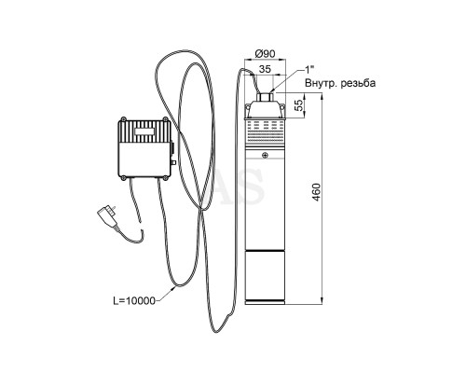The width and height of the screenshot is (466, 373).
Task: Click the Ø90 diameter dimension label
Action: [265, 54]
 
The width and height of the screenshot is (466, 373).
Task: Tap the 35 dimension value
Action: [265, 69]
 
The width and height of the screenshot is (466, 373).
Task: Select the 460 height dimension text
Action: [316, 192]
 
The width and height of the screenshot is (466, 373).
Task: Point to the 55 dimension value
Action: [298, 105]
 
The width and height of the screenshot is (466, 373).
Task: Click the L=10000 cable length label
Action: [134, 300]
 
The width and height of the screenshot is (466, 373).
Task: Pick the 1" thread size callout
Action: [308, 70]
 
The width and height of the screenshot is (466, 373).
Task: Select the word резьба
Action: [358, 83]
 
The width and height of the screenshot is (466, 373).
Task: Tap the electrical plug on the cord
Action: [108, 214]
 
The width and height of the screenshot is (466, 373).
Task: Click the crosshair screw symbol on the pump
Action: [265, 156]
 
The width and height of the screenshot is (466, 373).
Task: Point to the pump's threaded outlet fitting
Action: [265, 97]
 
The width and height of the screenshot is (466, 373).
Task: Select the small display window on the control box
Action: [144, 131]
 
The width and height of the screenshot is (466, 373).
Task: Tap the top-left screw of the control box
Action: [124, 118]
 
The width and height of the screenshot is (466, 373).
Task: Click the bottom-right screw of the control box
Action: [165, 178]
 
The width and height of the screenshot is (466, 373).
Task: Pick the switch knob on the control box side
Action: [173, 162]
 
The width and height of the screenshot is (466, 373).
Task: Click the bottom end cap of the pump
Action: [265, 302]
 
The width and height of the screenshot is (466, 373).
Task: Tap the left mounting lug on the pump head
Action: [248, 107]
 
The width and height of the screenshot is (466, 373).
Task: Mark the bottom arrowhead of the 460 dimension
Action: [322, 301]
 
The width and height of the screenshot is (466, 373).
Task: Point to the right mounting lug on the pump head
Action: [282, 107]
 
